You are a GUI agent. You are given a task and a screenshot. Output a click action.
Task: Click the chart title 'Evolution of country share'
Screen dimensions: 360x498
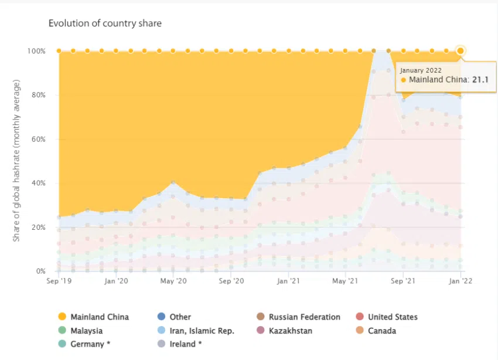[x=105, y=23]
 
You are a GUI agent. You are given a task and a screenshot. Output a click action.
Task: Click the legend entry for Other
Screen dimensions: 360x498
[x=180, y=317]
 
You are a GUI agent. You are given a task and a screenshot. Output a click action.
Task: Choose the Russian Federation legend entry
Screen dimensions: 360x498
[x=304, y=317]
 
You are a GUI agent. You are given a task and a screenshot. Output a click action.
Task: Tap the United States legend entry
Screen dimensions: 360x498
[x=393, y=317]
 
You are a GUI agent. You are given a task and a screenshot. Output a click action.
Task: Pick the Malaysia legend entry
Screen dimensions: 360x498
[x=86, y=331]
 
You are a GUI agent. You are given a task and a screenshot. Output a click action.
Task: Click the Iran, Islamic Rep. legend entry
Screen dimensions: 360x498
[x=202, y=331]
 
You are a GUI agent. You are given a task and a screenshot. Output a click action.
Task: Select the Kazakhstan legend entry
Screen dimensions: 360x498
[x=290, y=331]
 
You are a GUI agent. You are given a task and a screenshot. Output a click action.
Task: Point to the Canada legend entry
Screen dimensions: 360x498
[x=381, y=331]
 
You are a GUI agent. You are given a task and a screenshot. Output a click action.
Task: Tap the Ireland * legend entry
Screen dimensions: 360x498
[x=185, y=344]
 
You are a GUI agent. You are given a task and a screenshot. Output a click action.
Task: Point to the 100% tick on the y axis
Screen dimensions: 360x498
[x=36, y=51]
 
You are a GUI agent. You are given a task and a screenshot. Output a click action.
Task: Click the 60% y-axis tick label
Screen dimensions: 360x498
[x=38, y=140]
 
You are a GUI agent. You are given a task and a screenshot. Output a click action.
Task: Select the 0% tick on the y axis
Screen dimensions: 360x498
[x=40, y=271]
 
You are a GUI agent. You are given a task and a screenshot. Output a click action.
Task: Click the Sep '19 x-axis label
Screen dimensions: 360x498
[x=59, y=281]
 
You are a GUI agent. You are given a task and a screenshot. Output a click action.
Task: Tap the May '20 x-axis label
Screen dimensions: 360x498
[x=173, y=281]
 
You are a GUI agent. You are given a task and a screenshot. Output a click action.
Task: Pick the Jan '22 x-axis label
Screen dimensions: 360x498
[x=461, y=281]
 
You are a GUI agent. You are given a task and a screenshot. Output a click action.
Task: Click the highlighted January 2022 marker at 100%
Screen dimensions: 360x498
[x=461, y=51]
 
